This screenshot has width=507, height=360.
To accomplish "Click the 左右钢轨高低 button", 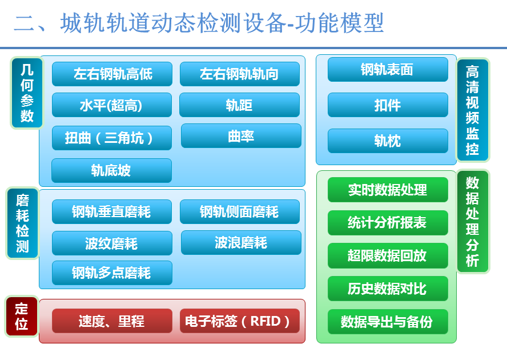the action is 112,74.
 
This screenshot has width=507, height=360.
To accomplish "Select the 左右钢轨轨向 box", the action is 240,74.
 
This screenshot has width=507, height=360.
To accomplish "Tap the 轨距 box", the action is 240,105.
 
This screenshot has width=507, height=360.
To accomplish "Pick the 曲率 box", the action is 241,136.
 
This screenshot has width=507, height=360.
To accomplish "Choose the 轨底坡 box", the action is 111,171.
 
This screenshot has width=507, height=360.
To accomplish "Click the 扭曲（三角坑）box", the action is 112,138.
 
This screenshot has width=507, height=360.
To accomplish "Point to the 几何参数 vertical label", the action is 27,93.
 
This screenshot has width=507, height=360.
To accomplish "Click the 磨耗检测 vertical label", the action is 22,223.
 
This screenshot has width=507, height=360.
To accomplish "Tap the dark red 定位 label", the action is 22,317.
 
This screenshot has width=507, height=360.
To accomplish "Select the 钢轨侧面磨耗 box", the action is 240,212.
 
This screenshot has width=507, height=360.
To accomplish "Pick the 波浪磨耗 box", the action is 241,243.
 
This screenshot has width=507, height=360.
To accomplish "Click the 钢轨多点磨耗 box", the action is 112,273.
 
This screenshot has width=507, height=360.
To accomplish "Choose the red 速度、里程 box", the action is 112,321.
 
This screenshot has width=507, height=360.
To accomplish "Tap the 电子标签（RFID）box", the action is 240,321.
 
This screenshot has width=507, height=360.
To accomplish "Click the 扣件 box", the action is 388,105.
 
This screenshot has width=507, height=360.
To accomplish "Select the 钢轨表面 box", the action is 388,69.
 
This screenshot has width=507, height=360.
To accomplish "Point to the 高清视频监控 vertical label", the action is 472,110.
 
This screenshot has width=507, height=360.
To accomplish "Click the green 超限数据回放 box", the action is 388,256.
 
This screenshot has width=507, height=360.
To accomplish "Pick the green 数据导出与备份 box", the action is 388,322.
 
